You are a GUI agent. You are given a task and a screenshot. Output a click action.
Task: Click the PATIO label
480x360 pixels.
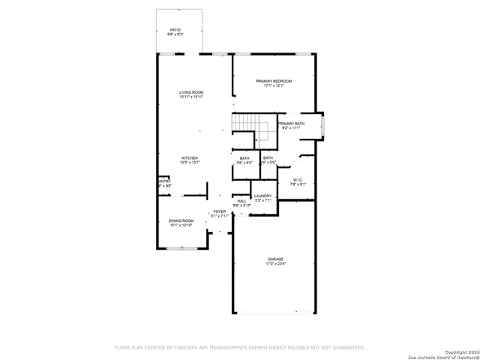[x=175, y=29]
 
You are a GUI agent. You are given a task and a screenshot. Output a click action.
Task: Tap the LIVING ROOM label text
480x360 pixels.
[x=191, y=92]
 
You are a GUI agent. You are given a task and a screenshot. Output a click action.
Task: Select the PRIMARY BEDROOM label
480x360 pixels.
[x=273, y=81]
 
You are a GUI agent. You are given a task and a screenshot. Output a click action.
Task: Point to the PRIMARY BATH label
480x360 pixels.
[x=290, y=124]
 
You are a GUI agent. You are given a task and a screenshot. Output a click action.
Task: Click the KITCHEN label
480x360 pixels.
[x=189, y=157]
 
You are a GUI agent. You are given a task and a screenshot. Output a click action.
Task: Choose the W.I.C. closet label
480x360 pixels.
[x=298, y=179]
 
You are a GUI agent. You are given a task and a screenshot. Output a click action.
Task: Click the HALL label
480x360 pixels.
[x=241, y=201]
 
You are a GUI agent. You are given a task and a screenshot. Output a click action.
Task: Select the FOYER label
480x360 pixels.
[x=219, y=212]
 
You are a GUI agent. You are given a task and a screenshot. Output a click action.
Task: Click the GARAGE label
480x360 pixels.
[x=275, y=259]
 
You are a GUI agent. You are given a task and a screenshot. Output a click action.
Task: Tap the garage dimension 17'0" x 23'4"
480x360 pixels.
[x=275, y=264]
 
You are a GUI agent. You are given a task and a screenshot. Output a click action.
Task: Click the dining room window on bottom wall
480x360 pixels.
[x=181, y=248]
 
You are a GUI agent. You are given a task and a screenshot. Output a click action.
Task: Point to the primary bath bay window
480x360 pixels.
[x=323, y=126]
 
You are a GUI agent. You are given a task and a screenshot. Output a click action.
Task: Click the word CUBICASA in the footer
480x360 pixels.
[x=187, y=347]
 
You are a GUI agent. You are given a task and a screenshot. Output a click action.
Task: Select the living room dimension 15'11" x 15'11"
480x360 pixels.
[x=191, y=97]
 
